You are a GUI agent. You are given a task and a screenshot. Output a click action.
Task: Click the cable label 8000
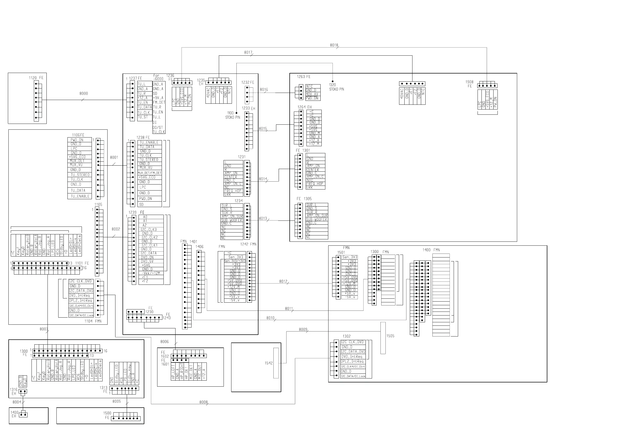point(83,93)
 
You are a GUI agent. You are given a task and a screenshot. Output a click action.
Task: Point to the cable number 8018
point(334,45)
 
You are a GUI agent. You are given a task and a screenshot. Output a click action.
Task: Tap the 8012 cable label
point(283,281)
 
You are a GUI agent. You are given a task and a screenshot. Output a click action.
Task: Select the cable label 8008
point(203,402)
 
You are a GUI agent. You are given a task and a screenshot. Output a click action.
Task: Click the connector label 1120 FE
point(36,78)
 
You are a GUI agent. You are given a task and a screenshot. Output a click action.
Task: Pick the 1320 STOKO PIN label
point(336,87)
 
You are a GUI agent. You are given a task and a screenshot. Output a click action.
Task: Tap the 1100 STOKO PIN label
point(232,115)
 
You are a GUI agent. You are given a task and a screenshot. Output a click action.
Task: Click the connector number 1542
point(269,363)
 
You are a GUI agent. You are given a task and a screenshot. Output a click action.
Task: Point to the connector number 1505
point(390,336)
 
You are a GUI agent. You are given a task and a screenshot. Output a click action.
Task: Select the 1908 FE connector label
point(469,84)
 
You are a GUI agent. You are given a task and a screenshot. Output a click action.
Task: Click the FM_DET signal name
point(159,103)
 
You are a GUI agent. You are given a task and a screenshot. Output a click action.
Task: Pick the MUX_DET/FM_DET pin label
point(150,173)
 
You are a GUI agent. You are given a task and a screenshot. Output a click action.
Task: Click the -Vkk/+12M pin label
point(151,273)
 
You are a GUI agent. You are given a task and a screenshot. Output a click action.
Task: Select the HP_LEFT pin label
point(173,372)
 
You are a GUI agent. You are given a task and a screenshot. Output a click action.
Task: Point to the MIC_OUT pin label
point(199,372)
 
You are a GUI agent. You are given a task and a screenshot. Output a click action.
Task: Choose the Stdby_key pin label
point(129,374)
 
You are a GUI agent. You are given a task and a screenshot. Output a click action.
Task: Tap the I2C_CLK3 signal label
point(149,230)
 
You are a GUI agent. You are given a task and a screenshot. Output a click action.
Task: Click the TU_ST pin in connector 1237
point(143,117)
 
